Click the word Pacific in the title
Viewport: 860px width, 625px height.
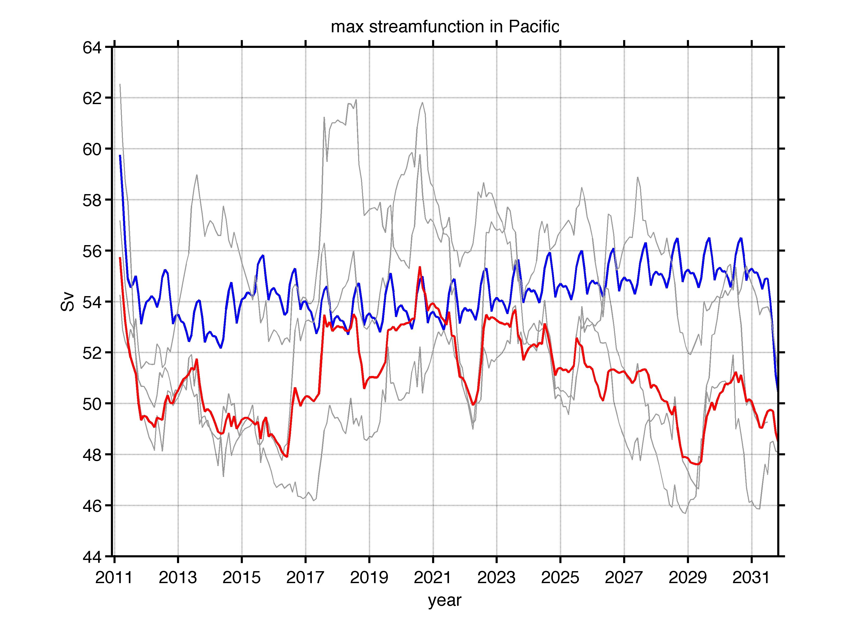[534, 27]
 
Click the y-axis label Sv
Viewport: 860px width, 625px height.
[67, 302]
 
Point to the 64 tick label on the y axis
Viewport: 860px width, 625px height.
[92, 48]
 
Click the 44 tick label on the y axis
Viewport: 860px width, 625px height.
[92, 557]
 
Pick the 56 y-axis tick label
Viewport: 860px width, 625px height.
[92, 251]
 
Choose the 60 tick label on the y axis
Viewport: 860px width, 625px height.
[92, 149]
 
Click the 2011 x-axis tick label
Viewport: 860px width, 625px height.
[114, 578]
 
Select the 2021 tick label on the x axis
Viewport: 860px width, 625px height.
[433, 578]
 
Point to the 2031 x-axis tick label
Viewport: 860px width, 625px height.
[751, 578]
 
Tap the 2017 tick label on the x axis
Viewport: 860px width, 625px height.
[305, 578]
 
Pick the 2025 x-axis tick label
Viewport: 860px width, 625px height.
[560, 578]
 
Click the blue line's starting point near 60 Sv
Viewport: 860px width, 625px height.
[120, 155]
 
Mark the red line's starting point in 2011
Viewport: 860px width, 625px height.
[120, 258]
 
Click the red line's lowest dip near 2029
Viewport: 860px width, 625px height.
[697, 464]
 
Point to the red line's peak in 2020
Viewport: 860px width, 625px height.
[420, 267]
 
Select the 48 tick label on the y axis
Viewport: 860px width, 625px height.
[92, 455]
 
